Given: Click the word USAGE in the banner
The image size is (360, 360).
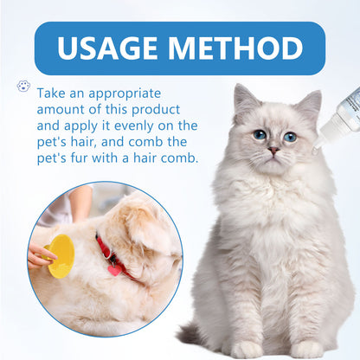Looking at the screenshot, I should [x=106, y=48].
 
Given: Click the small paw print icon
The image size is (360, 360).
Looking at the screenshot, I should [x=23, y=87].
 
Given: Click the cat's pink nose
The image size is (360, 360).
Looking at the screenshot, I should [x=273, y=151].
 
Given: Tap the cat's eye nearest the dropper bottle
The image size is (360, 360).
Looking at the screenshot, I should [x=289, y=137].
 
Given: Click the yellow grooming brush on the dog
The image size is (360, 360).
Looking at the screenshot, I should [x=61, y=256].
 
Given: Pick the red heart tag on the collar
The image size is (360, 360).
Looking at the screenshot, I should [x=114, y=271].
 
